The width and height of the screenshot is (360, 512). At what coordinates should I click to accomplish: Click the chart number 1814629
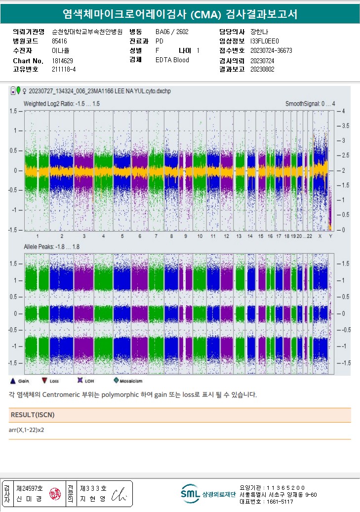[62, 61]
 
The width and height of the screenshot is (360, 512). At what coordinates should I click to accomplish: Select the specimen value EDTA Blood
[172, 60]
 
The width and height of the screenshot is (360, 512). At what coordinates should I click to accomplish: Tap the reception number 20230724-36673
[271, 51]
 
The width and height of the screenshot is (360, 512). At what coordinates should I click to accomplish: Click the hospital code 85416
[59, 41]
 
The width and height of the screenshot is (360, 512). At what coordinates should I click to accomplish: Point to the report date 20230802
[262, 69]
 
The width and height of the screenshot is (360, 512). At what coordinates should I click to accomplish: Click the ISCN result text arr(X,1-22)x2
[27, 430]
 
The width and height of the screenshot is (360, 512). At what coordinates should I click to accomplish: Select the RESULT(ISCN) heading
[33, 415]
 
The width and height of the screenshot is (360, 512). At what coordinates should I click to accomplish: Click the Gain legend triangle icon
[13, 381]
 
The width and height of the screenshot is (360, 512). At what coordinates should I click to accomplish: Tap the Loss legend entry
[50, 381]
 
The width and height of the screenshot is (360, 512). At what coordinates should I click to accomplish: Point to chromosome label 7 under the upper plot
[140, 236]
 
